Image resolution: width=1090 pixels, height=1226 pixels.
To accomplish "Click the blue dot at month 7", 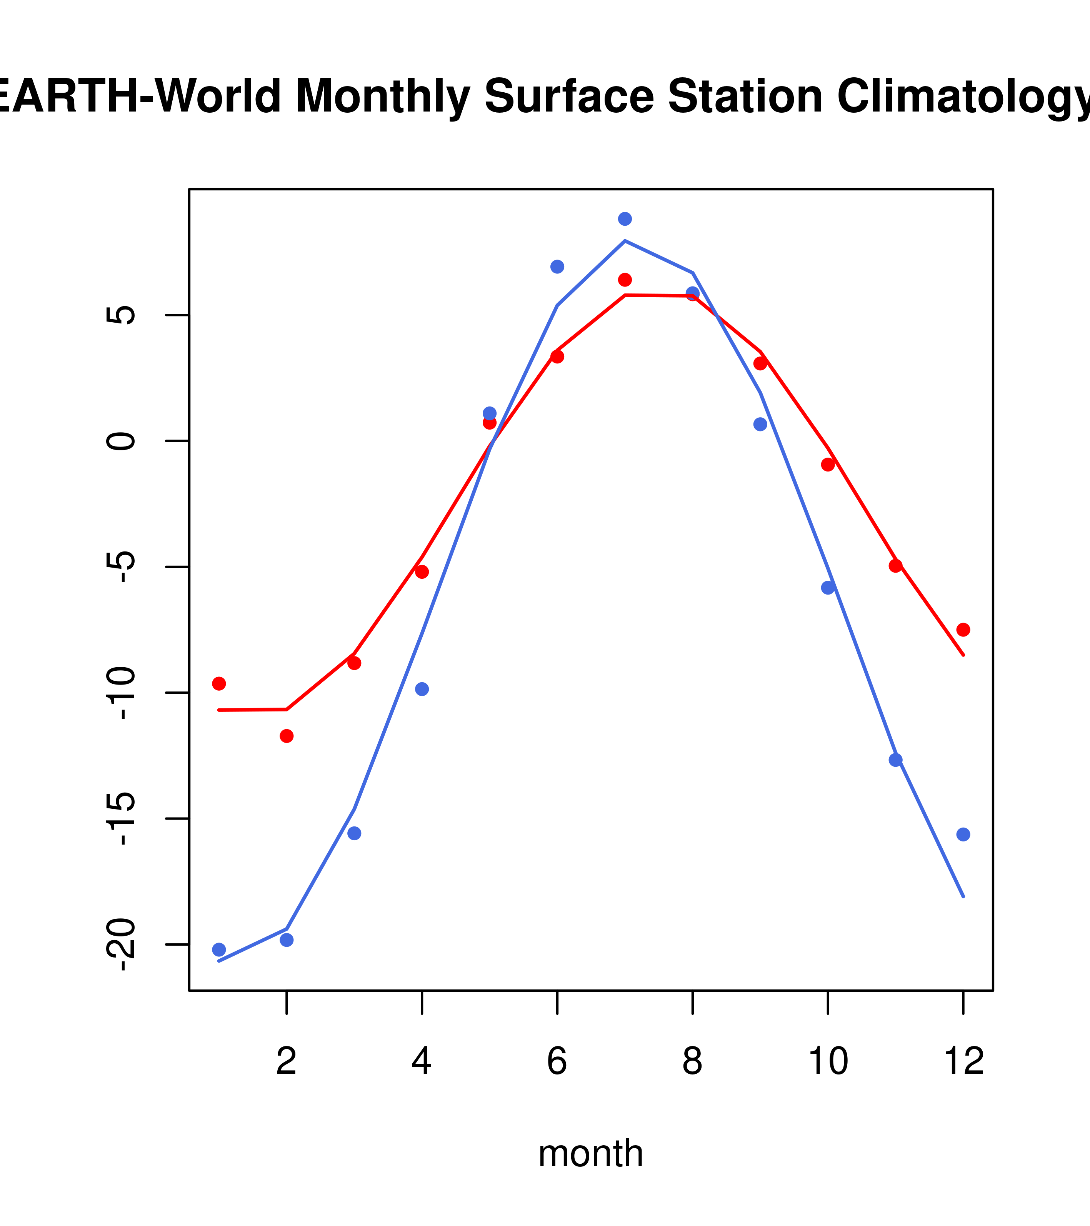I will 625,219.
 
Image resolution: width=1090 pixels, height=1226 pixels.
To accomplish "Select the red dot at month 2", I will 287,736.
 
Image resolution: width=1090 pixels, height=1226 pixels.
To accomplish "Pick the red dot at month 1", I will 219,684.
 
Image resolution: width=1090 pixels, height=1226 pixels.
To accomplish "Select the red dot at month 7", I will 625,280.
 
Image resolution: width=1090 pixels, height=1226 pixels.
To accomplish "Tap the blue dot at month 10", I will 828,588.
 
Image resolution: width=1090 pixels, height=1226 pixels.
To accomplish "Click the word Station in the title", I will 745,96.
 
